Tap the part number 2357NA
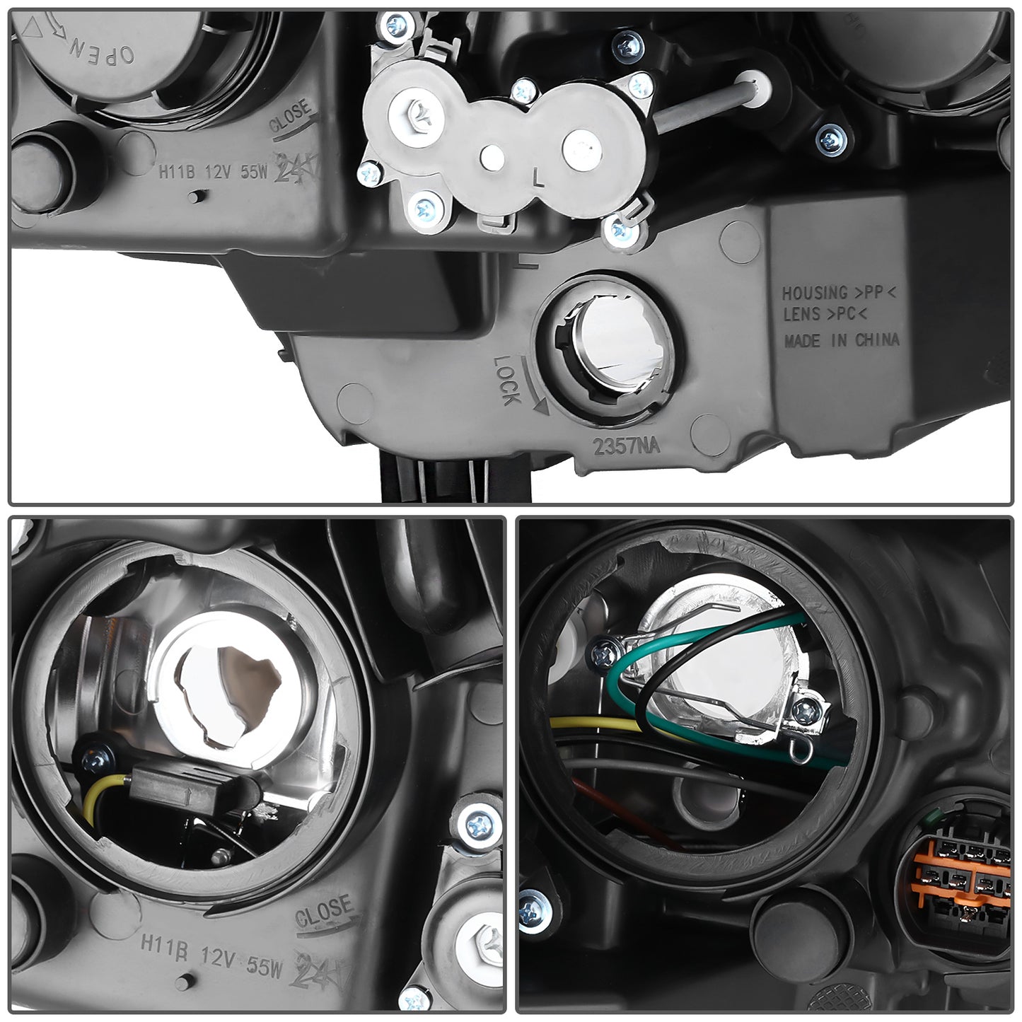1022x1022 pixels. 626,446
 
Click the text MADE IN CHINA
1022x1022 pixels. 841,340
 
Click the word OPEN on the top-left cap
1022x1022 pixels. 99,50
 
